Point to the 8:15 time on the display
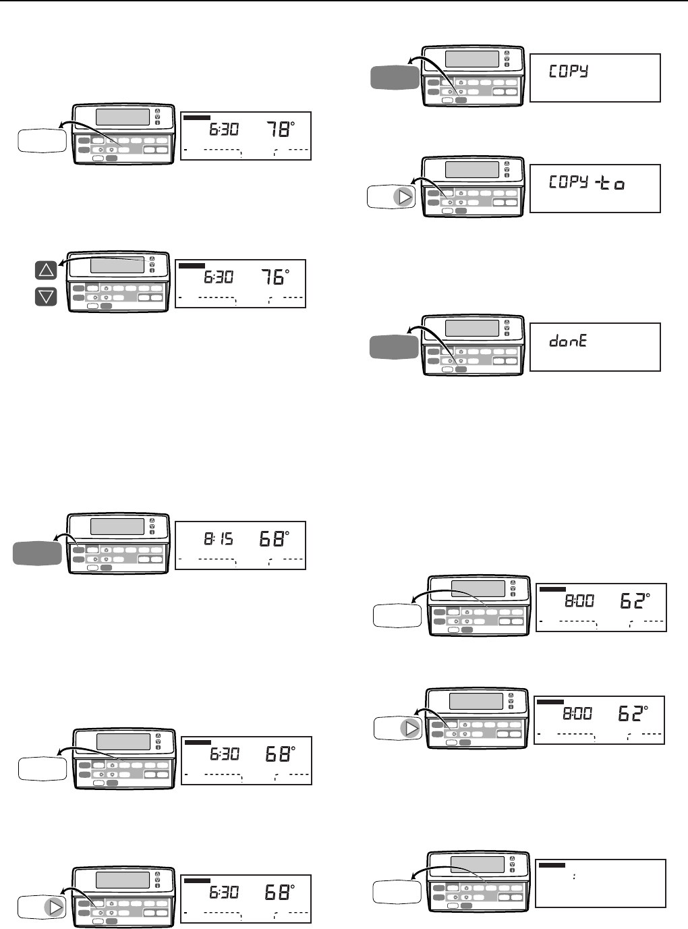pos(219,538)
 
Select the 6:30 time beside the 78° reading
pos(223,128)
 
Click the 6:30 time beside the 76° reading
pos(218,276)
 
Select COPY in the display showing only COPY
pos(568,72)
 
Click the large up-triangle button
pos(46,271)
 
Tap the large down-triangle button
pos(46,296)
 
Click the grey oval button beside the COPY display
pos(395,78)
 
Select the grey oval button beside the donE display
pos(394,347)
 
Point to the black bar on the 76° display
pos(192,266)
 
